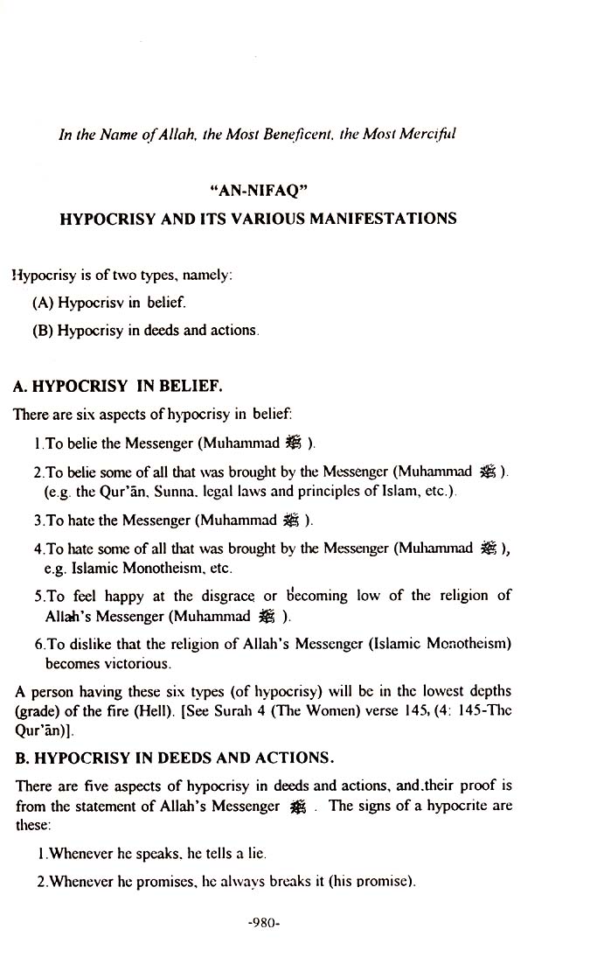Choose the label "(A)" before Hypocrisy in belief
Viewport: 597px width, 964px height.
[x=42, y=304]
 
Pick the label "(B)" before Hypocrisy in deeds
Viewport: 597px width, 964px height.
[x=42, y=332]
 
